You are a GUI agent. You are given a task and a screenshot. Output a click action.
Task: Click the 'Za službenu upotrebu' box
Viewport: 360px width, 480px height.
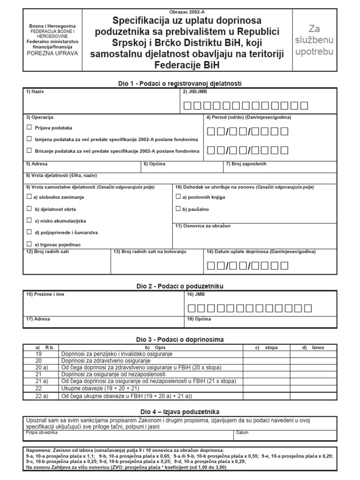pos(315,40)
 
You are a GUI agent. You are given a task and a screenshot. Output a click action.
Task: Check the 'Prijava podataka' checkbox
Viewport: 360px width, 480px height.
pos(30,127)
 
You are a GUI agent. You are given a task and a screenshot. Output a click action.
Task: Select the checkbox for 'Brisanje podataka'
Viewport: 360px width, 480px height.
pos(30,150)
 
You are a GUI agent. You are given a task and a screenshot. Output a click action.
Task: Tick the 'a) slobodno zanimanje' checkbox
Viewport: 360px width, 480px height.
pos(30,197)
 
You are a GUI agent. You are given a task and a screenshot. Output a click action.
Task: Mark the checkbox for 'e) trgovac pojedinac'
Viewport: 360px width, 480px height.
pos(30,244)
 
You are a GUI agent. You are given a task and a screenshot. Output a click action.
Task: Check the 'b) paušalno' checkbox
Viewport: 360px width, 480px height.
pos(178,209)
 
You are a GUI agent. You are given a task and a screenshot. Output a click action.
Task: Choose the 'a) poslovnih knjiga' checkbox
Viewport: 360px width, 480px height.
pos(178,197)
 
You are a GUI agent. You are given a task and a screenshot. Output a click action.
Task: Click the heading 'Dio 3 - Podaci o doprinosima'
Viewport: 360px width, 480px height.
pos(180,339)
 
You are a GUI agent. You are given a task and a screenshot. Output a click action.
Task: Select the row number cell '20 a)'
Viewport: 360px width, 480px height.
pos(41,367)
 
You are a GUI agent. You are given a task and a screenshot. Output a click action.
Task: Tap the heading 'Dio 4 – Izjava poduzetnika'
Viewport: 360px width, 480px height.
pos(180,411)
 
